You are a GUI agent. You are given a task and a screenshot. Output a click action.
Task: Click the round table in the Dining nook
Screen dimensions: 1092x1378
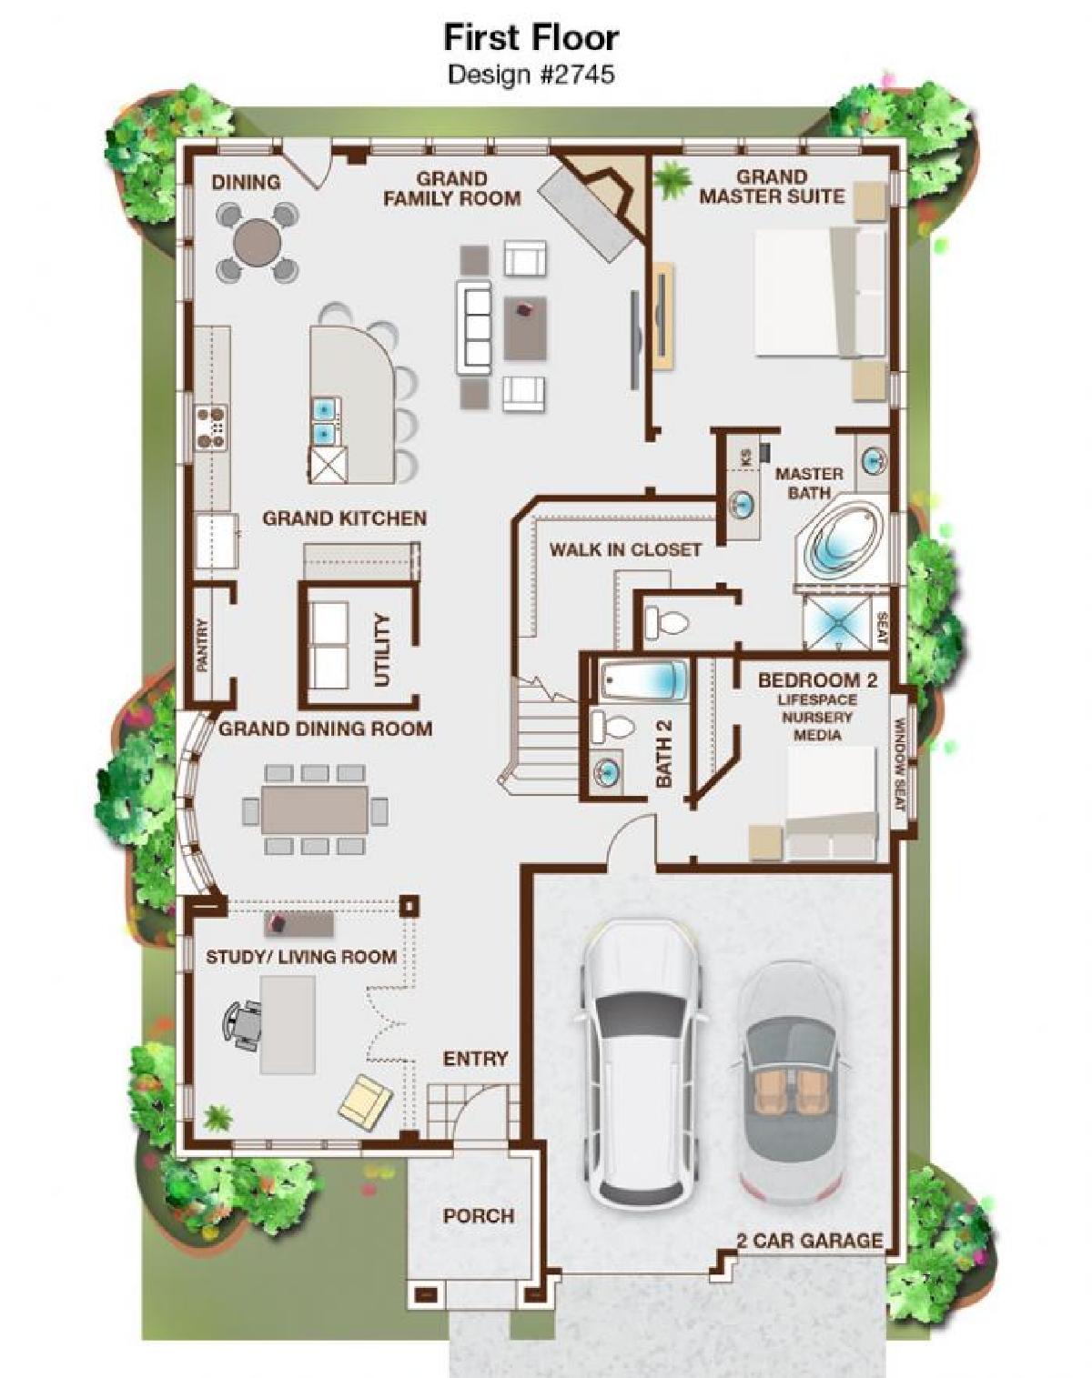257,242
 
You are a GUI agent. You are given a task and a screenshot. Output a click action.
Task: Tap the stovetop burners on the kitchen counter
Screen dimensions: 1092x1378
211,425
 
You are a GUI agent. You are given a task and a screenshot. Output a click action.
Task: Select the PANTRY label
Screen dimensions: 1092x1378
203,644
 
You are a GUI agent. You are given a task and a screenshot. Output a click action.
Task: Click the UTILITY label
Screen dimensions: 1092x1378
382,650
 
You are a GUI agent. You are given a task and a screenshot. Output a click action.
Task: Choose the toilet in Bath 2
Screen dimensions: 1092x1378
612,726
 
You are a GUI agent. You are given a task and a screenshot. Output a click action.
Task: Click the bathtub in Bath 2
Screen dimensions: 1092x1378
643,680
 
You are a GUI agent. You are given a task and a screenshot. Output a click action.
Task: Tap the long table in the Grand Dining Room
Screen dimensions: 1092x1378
315,809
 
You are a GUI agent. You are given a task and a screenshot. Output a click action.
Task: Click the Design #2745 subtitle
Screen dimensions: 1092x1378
531,74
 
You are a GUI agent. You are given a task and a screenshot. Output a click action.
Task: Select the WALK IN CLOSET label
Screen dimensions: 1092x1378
625,549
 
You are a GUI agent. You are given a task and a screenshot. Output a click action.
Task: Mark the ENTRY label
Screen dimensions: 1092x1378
476,1059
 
